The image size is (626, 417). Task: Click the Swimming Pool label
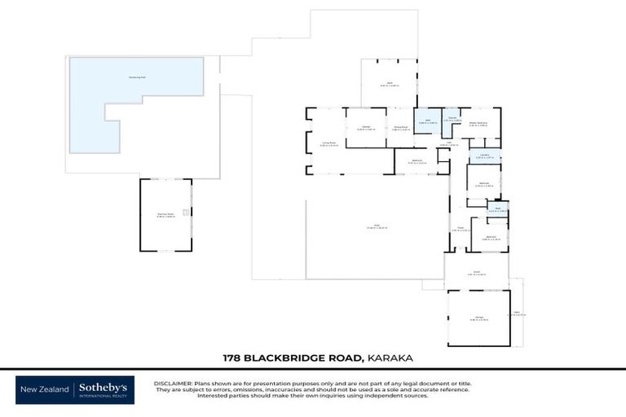click(x=137, y=77)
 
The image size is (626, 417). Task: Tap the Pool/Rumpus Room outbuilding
click(x=165, y=215)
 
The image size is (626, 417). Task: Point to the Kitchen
click(x=366, y=128)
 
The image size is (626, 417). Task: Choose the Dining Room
click(x=400, y=128)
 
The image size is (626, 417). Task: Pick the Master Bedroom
click(x=478, y=125)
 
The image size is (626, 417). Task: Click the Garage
click(x=478, y=318)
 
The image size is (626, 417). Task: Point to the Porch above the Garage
click(x=477, y=273)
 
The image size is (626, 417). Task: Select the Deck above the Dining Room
click(x=389, y=84)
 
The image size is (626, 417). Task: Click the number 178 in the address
click(x=234, y=358)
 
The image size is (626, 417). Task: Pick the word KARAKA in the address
click(x=395, y=358)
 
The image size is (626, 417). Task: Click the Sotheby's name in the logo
click(x=105, y=388)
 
